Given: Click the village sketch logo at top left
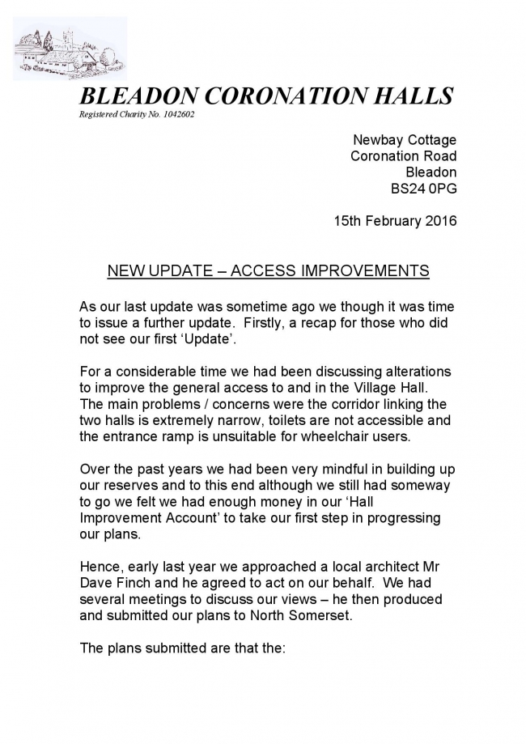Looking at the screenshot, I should coord(70,49).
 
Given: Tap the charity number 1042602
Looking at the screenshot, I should coord(176,114).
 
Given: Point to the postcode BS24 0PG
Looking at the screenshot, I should coord(423,189).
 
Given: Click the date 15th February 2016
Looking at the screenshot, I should coord(395,220).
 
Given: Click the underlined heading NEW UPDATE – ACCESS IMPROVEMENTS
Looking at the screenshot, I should coord(268,270).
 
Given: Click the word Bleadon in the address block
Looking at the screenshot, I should coord(431,172).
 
